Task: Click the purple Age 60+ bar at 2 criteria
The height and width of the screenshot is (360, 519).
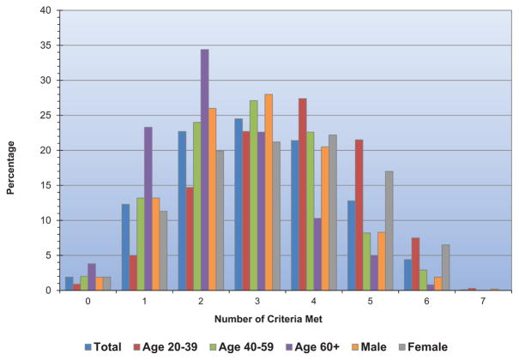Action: point(204,170)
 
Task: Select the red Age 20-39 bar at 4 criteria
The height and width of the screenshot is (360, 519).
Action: point(303,195)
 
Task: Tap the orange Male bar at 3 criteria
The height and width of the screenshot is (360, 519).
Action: point(269,192)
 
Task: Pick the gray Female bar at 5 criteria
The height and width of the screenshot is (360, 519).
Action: point(389,231)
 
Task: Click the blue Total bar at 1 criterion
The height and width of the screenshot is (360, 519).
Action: point(126,247)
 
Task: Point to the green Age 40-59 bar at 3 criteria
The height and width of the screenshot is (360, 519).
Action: point(254,195)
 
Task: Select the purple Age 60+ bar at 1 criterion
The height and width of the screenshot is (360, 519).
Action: point(148,208)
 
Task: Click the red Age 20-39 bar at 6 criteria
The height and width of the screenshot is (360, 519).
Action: point(415,264)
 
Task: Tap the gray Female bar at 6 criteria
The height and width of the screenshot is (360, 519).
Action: point(445,267)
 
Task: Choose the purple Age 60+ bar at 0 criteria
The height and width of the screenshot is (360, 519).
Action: point(92,277)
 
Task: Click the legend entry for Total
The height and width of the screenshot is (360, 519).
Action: point(103,347)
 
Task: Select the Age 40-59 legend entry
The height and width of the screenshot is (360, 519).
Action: point(242,347)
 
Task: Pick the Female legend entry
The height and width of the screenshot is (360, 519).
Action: point(423,347)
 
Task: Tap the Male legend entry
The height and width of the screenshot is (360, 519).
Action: point(369,347)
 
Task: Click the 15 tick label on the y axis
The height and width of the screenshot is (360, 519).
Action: point(46,185)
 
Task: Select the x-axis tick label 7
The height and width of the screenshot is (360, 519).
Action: point(483,301)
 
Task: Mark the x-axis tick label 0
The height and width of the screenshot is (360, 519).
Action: point(88,301)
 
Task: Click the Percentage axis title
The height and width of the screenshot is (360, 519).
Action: point(10,168)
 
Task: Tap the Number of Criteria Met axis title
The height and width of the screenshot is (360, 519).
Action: point(269,319)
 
